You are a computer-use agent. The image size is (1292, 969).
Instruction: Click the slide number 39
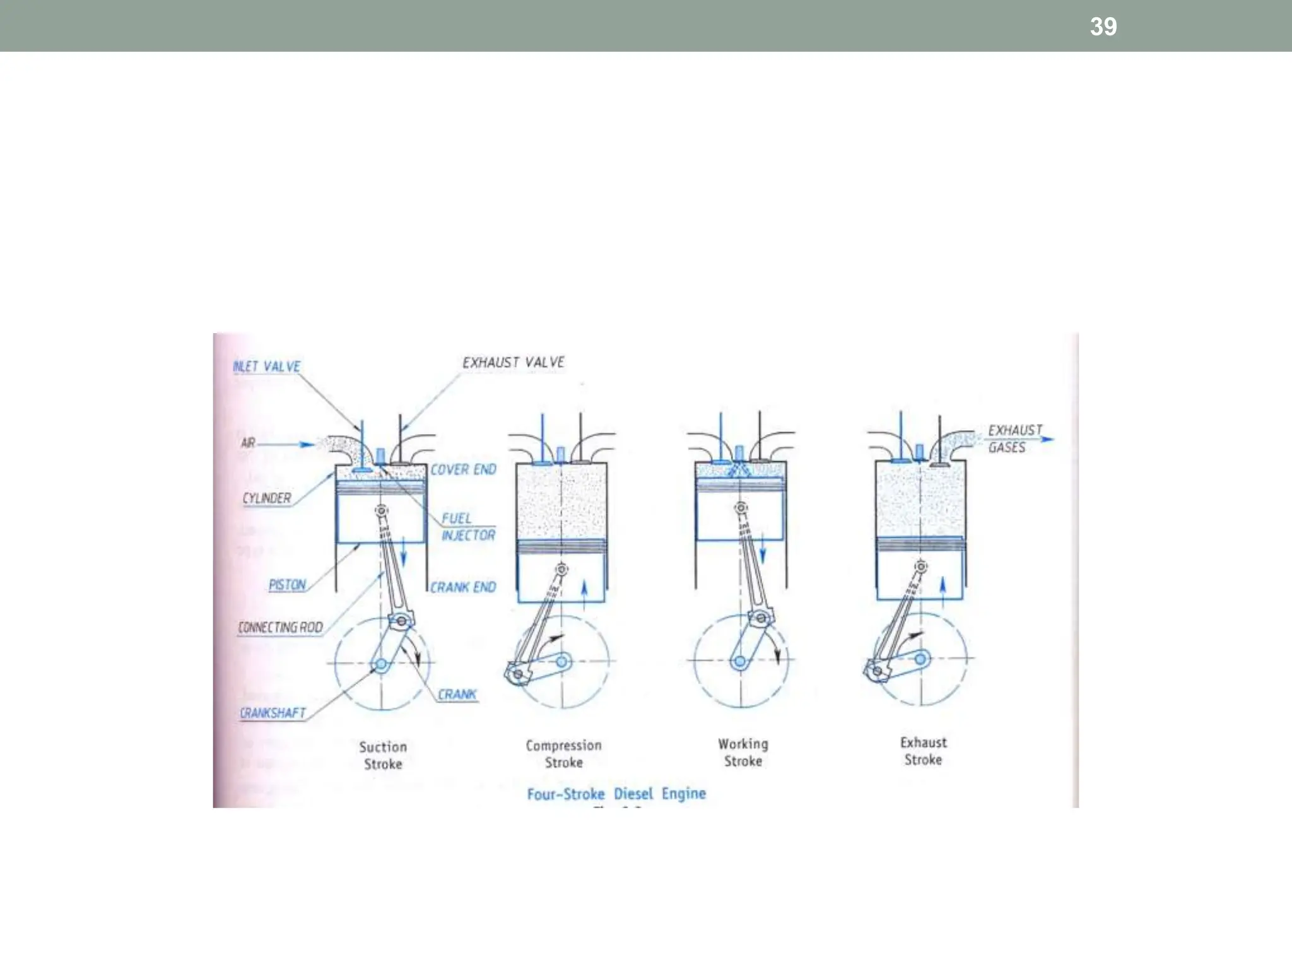pos(1103,26)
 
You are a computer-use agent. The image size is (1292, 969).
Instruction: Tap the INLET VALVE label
pos(266,367)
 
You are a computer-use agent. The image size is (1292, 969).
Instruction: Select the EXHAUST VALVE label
pos(513,363)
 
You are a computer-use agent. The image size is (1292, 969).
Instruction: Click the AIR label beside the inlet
pos(248,443)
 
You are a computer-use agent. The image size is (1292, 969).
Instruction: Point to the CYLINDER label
pos(267,498)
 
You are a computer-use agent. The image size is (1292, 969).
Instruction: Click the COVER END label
pos(463,469)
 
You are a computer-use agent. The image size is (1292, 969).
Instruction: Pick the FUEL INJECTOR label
pos(467,527)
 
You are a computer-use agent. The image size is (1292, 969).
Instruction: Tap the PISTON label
pos(287,585)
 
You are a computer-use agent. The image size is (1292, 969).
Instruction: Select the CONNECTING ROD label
pos(280,627)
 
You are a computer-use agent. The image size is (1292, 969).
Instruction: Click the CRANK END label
pos(463,587)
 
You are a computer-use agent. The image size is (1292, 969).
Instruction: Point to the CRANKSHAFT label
pos(273,713)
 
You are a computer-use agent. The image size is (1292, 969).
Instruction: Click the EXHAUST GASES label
pos(1014,438)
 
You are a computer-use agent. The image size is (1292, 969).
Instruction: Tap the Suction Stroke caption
pos(383,755)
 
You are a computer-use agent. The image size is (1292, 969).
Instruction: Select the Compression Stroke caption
pos(563,754)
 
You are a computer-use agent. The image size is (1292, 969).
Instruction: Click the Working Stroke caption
pos(743,752)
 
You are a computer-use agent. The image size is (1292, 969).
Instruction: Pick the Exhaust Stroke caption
pos(923,751)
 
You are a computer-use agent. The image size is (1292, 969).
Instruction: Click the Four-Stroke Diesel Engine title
pos(616,794)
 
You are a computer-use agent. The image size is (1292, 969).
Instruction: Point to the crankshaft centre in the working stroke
pos(739,662)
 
